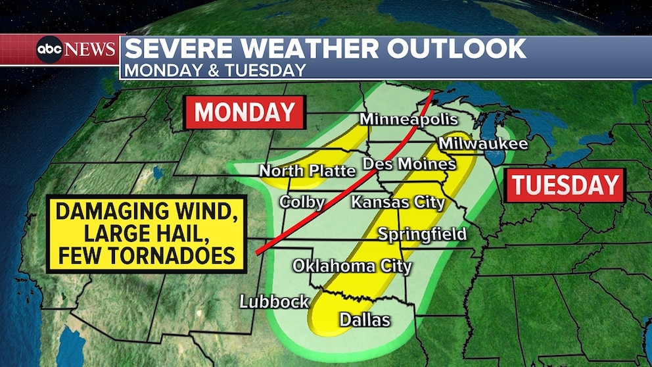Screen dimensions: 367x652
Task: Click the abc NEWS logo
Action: click(76, 49)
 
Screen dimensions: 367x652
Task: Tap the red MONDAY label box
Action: click(244, 112)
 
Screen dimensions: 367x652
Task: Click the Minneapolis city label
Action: click(408, 120)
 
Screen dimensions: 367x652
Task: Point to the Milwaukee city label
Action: click(483, 143)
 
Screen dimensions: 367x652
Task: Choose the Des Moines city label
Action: click(409, 163)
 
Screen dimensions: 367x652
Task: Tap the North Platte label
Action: click(307, 171)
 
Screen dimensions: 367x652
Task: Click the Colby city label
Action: click(302, 201)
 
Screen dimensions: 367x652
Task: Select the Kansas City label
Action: click(398, 201)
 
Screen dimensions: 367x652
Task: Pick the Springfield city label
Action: click(422, 233)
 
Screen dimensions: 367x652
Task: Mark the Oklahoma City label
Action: click(352, 266)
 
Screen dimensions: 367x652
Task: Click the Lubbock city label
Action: click(274, 301)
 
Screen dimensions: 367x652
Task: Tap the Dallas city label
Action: click(365, 320)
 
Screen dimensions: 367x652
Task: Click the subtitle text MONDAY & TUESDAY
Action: click(215, 70)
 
